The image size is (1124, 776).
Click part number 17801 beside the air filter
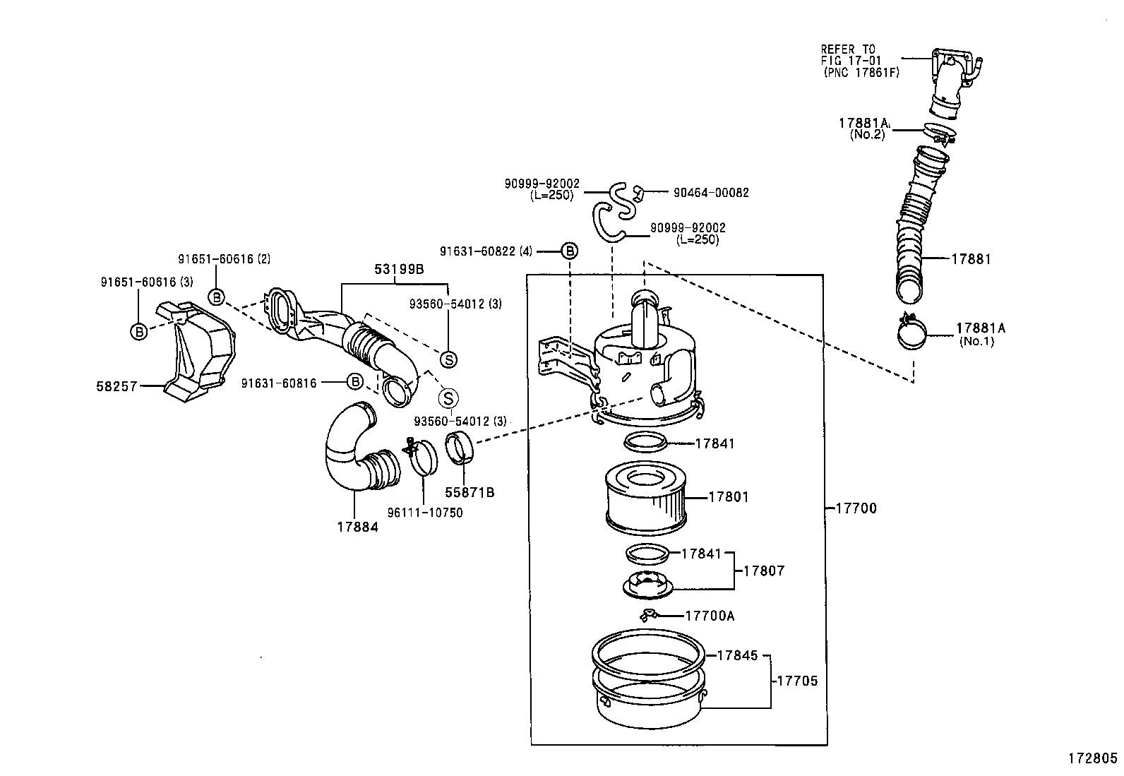pos(728,497)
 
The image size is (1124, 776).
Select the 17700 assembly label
pos(856,508)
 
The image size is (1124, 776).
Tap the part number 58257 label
pos(116,386)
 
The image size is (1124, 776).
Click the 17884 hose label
pos(357,527)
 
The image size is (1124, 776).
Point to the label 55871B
pos(470,492)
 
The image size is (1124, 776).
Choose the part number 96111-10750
pos(426,513)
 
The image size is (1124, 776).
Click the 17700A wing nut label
pos(710,616)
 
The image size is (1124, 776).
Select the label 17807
pos(764,571)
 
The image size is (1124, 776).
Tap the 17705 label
pos(797,681)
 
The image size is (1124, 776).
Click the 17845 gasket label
pos(737,655)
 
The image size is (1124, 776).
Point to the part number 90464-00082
pos(711,193)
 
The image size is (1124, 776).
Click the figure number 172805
pos(1092,760)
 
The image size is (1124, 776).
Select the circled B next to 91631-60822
pos(569,251)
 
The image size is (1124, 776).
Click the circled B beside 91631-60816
pos(355,382)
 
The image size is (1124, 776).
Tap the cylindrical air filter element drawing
pos(645,496)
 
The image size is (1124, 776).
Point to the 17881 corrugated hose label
pos(971,259)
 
